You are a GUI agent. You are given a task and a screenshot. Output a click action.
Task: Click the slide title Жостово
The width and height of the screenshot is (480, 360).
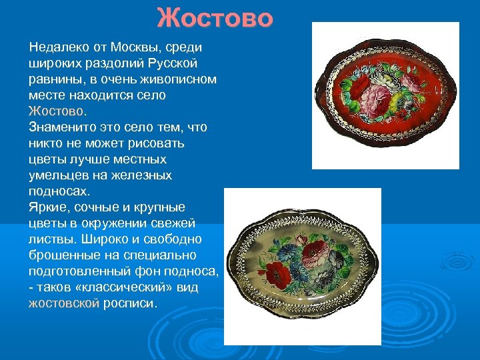(x=215, y=19)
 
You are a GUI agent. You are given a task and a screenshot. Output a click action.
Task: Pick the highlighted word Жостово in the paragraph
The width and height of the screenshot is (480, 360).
(x=56, y=111)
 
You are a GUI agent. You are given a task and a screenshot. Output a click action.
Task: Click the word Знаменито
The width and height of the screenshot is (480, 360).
(x=61, y=127)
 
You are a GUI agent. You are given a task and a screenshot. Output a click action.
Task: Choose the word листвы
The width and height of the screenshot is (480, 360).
(x=49, y=239)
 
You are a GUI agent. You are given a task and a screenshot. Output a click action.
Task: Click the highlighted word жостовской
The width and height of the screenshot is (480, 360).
(x=64, y=303)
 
